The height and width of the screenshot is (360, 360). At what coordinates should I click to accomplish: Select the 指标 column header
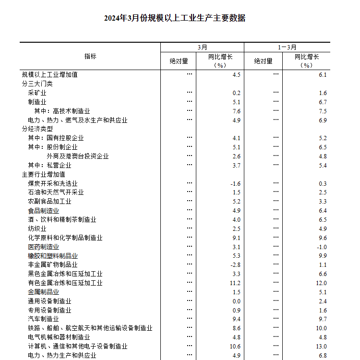click(90, 56)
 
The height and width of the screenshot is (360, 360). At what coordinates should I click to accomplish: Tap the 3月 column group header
click(202, 48)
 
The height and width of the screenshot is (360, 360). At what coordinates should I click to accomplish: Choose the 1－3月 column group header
click(287, 48)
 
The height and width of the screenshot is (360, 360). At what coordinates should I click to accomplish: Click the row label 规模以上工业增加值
click(49, 75)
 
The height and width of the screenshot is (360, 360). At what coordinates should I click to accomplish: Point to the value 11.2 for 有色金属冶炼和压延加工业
click(235, 283)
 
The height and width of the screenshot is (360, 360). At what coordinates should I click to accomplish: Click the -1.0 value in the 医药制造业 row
click(321, 247)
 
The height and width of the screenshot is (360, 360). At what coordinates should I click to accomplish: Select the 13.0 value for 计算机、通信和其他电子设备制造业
click(321, 347)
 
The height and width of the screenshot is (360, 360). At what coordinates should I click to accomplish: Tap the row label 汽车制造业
click(43, 319)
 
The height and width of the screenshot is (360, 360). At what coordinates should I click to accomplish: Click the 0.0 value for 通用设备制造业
click(236, 301)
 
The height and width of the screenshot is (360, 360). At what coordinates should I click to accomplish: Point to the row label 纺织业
click(37, 229)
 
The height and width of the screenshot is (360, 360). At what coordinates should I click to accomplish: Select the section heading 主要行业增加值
click(43, 175)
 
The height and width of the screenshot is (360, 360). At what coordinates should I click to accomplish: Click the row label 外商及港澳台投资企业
click(78, 156)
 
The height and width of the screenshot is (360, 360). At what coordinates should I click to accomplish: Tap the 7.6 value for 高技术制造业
click(236, 111)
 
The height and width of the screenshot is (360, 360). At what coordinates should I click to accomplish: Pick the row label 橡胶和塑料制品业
click(53, 256)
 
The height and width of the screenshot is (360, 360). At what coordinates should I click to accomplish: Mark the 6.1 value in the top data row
click(323, 75)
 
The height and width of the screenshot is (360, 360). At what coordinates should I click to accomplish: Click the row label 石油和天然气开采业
click(56, 192)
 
